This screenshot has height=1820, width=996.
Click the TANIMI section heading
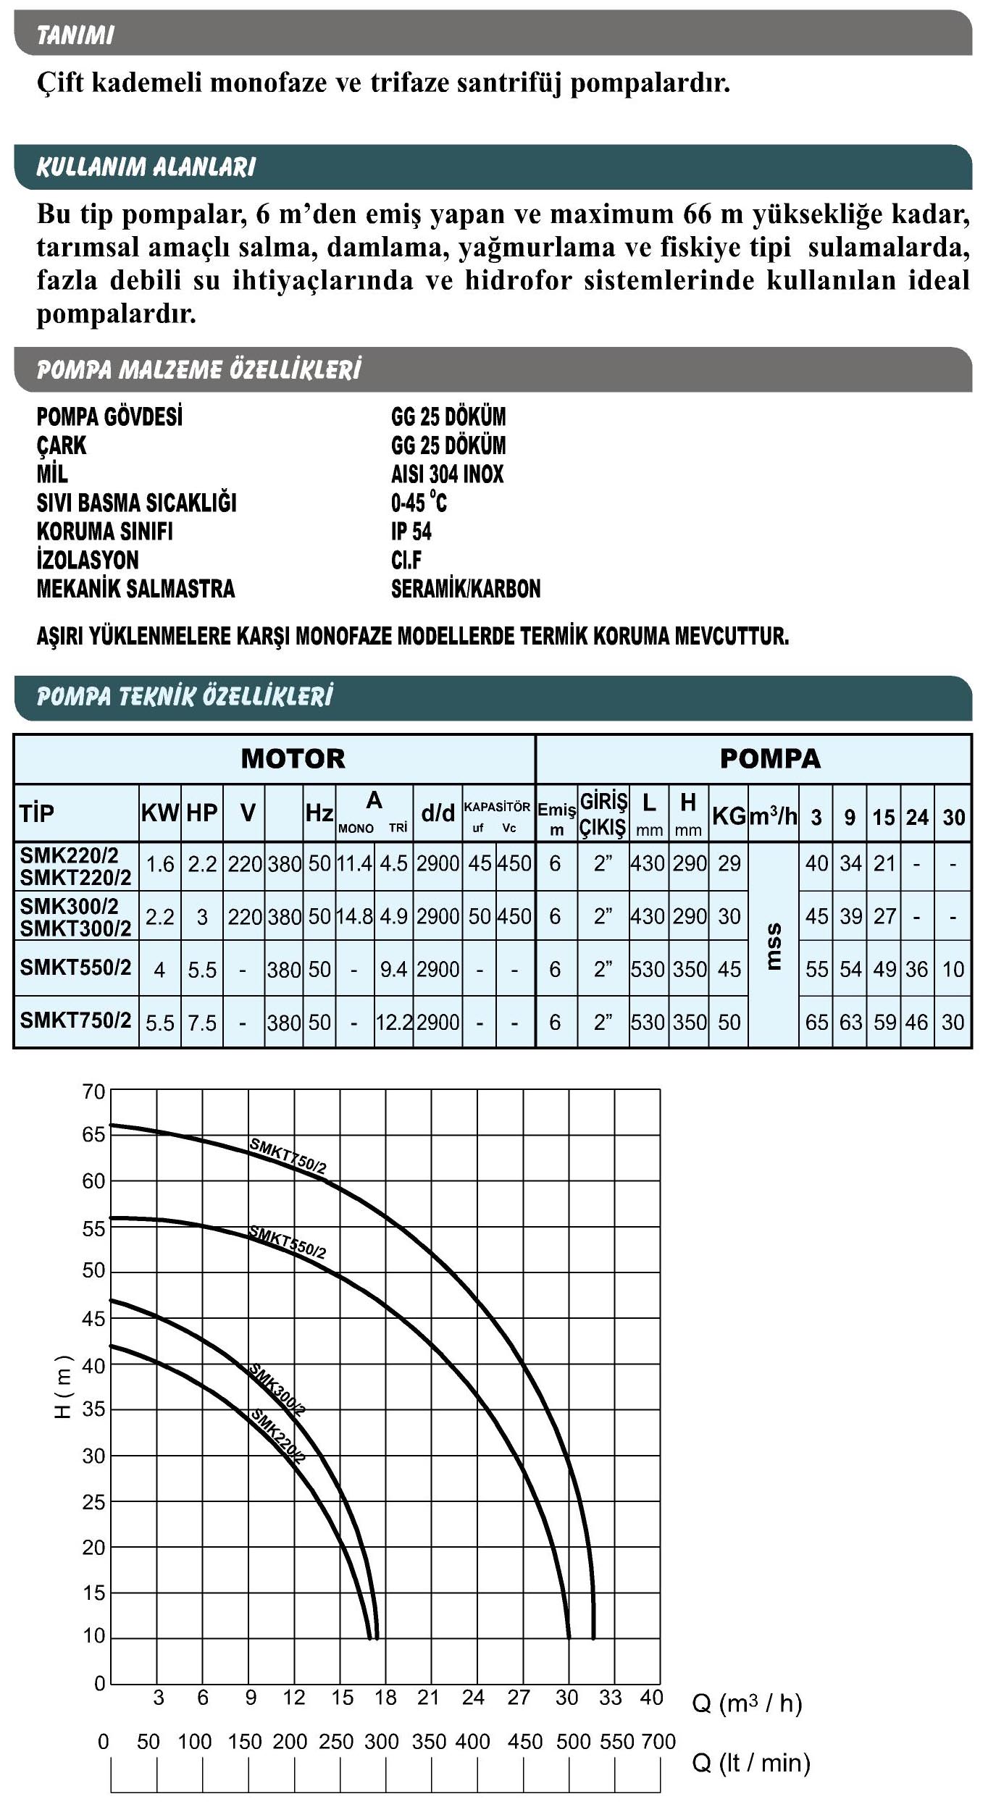point(75,35)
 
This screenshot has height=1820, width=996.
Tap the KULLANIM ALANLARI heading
point(146,167)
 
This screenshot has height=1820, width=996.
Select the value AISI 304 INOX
point(447,474)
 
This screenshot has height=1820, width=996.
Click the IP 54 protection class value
point(411,532)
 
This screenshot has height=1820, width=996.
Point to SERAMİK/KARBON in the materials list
point(466,589)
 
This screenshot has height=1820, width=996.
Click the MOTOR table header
point(293,758)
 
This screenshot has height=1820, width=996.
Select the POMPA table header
point(769,758)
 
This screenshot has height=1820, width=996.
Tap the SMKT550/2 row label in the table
point(75,968)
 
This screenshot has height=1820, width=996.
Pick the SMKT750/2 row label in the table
point(75,1020)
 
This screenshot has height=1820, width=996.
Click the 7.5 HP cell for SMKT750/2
point(202,1023)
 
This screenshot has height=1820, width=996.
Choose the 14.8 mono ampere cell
point(354,916)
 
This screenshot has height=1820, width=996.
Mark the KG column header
point(728,816)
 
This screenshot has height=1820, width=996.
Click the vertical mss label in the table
point(773,945)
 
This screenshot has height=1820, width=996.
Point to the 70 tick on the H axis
point(93,1091)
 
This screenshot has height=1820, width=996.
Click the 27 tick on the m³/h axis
point(519,1697)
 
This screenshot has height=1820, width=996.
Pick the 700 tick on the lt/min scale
point(658,1741)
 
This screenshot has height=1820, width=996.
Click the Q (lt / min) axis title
point(751,1762)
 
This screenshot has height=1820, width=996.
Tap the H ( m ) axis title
point(64,1385)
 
